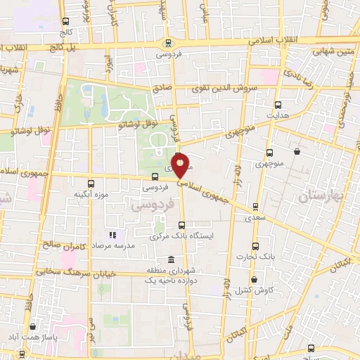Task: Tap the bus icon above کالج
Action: tap(65, 22)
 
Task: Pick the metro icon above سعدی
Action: tap(255, 207)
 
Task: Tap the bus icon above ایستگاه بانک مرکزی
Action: tap(181, 224)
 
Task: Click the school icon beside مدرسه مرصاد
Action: tap(111, 236)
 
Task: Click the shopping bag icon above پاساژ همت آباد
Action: tap(33, 327)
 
